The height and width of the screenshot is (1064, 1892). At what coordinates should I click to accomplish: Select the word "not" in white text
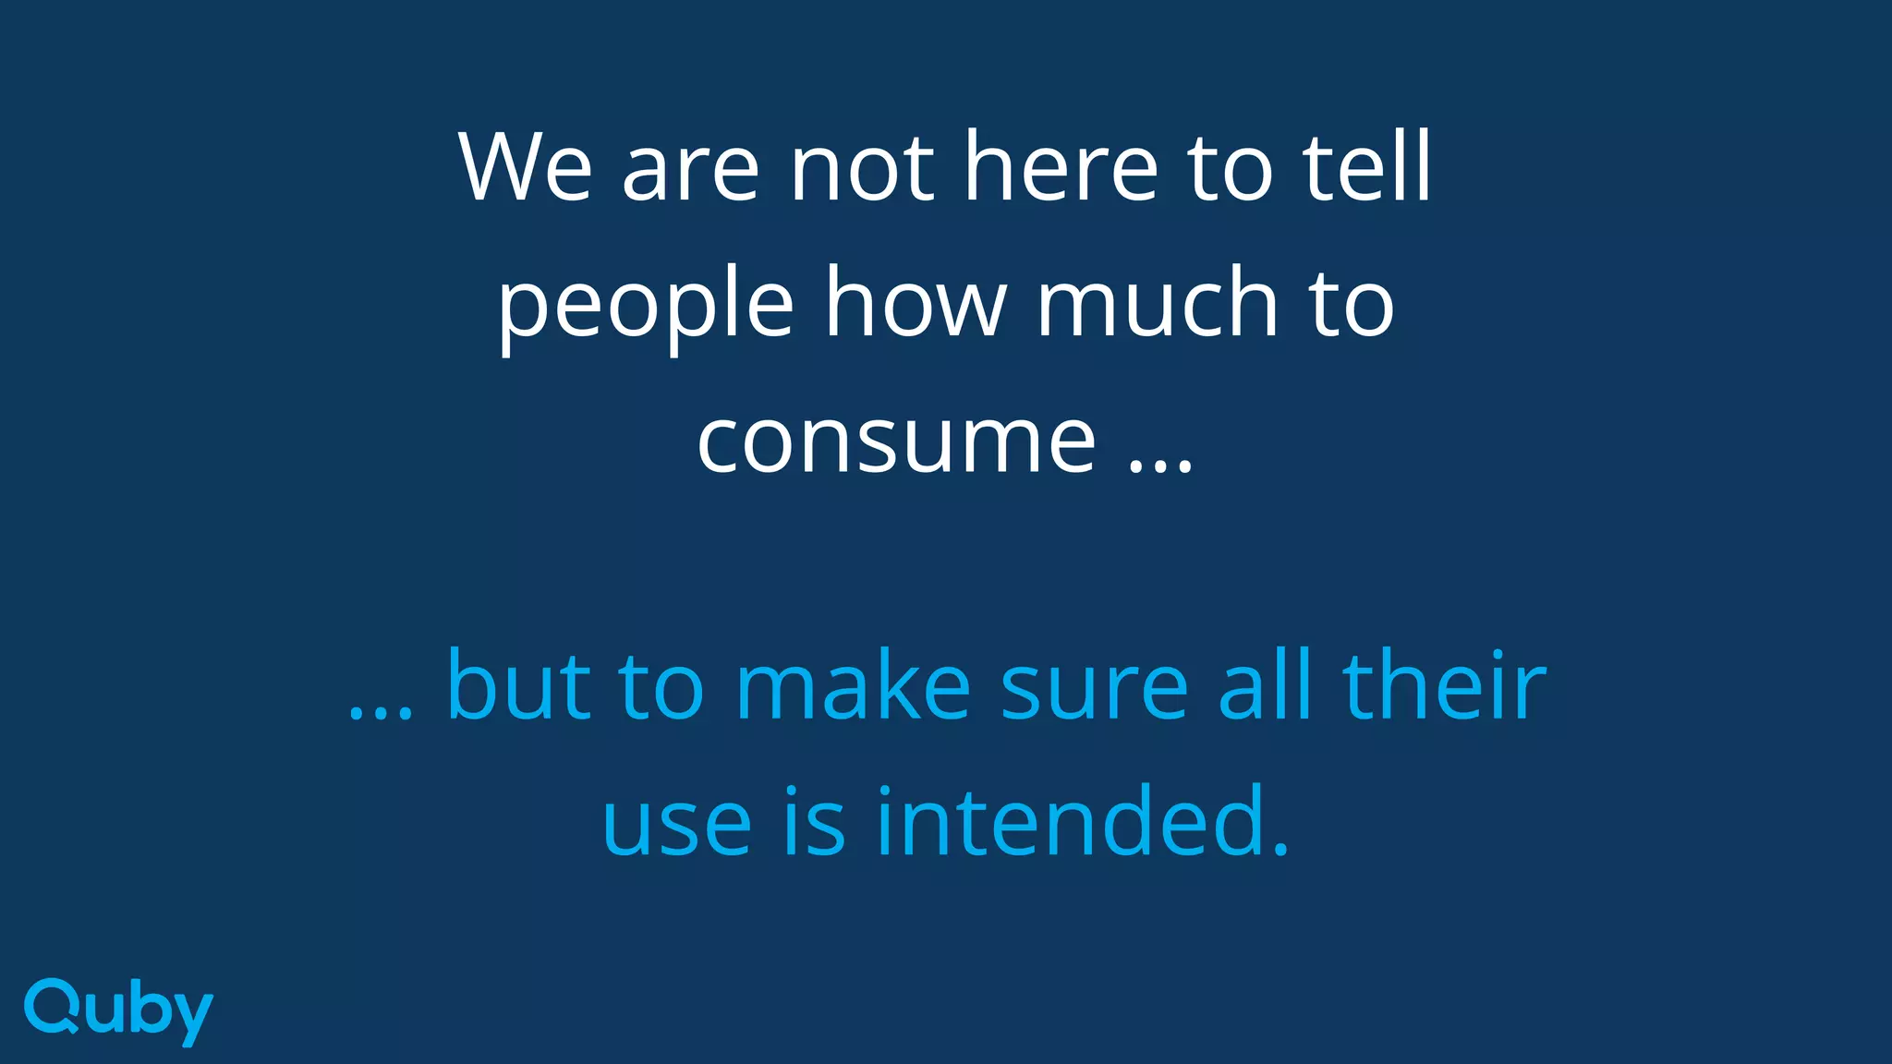click(861, 169)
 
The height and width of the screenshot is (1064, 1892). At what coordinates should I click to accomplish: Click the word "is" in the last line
click(814, 821)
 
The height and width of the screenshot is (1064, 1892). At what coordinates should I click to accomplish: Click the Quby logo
click(118, 1011)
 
